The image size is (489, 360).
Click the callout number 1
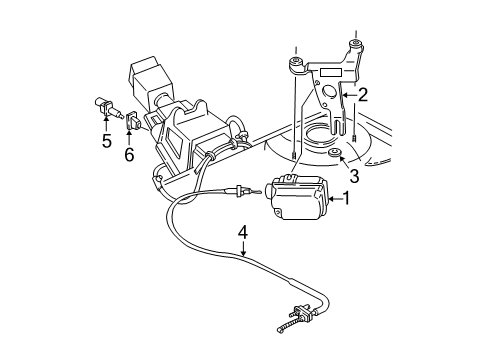[x=348, y=199]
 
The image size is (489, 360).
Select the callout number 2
[x=363, y=97]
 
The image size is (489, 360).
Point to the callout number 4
[x=242, y=234]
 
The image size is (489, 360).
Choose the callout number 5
[x=105, y=142]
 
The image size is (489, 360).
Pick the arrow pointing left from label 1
[x=333, y=199]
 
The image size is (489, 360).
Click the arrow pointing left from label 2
[x=346, y=97]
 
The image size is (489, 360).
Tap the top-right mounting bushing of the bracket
[x=354, y=45]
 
